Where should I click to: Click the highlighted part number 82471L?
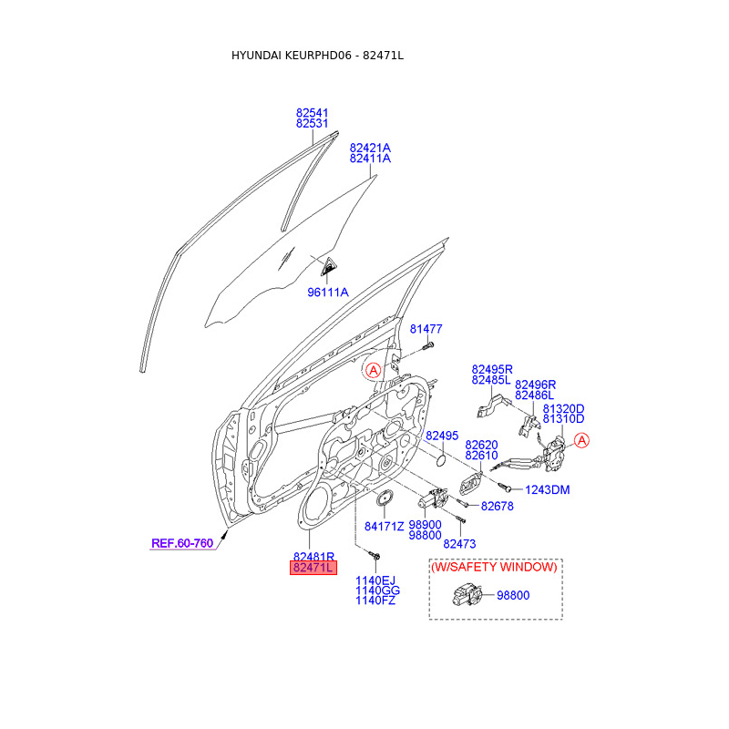313,568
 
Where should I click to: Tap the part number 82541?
312,112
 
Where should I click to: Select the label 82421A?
370,147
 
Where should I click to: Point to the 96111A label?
328,292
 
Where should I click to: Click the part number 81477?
426,328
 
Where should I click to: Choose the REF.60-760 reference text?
181,543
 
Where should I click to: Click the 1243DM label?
547,489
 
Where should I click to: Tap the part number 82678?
498,506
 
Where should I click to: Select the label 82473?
460,543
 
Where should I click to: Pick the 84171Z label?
385,526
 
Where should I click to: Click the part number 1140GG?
377,590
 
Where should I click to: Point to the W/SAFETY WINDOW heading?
494,567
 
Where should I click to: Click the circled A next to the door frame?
372,370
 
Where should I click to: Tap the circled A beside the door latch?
582,441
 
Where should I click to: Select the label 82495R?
492,369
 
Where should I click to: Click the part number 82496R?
535,385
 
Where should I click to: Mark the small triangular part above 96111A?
326,266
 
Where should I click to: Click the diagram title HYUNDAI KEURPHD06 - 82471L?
317,56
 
